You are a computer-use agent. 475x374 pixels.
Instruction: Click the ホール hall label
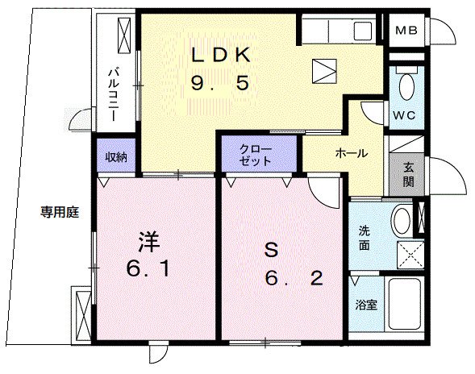pyautogui.click(x=352, y=153)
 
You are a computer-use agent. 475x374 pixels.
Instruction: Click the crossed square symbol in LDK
pyautogui.click(x=323, y=70)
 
